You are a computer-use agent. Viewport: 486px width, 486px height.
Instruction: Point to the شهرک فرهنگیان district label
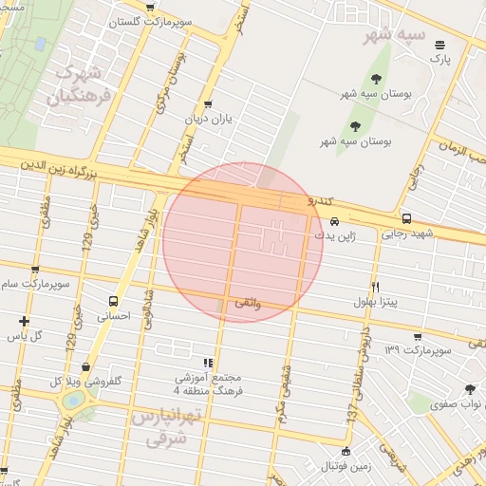click(x=82, y=84)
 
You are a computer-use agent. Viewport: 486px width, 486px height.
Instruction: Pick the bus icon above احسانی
click(x=113, y=301)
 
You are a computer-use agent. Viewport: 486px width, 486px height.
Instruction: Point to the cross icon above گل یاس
click(x=24, y=321)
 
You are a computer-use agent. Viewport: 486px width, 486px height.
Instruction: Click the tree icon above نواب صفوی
click(x=470, y=388)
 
